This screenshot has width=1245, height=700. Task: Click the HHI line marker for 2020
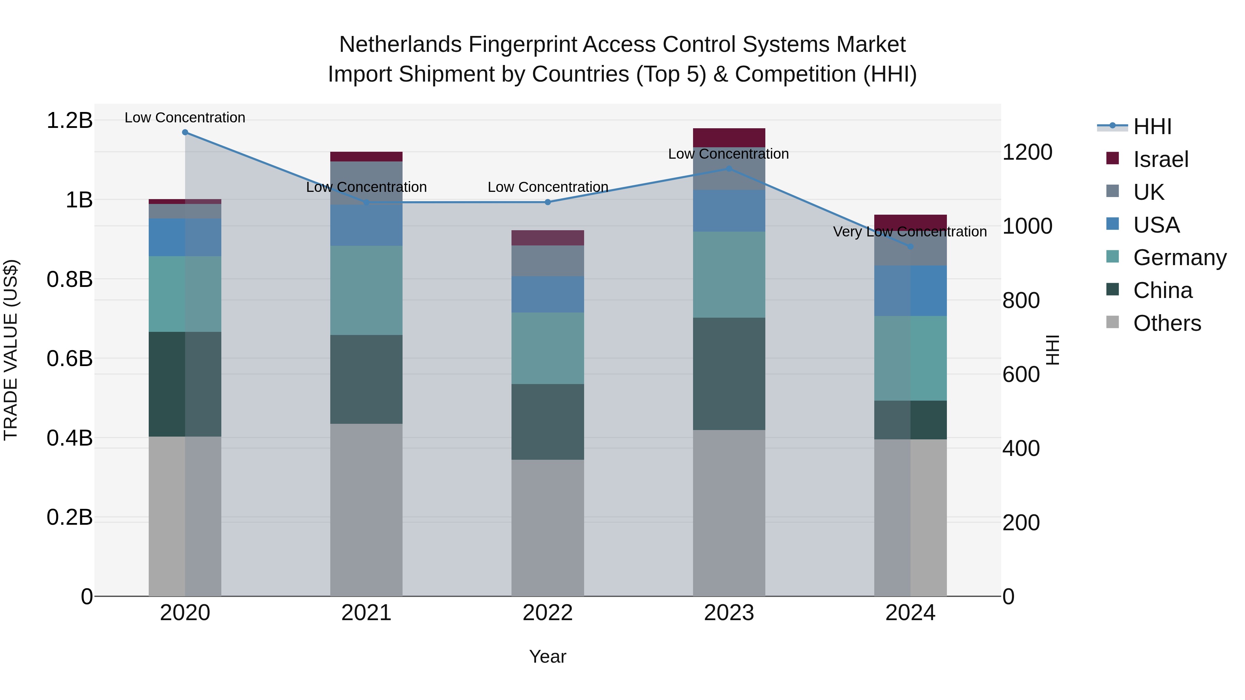pos(185,132)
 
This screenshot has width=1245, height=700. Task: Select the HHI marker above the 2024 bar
pos(911,247)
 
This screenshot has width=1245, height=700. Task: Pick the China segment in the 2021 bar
pos(366,379)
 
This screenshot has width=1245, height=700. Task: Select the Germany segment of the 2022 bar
pos(547,348)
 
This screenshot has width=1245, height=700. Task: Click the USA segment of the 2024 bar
pos(911,290)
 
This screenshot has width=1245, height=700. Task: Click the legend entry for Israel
pos(1160,159)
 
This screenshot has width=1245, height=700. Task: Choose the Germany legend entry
pos(1180,258)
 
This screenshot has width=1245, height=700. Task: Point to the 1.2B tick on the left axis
pos(70,120)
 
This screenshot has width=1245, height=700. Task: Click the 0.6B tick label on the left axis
pos(70,358)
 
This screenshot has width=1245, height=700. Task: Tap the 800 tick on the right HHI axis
pos(1021,300)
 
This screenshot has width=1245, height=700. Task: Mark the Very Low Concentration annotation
pos(910,232)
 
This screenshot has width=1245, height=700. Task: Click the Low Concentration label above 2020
pos(185,118)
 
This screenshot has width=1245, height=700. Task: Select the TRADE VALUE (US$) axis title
pos(11,350)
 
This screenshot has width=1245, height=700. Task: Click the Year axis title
pos(547,656)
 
